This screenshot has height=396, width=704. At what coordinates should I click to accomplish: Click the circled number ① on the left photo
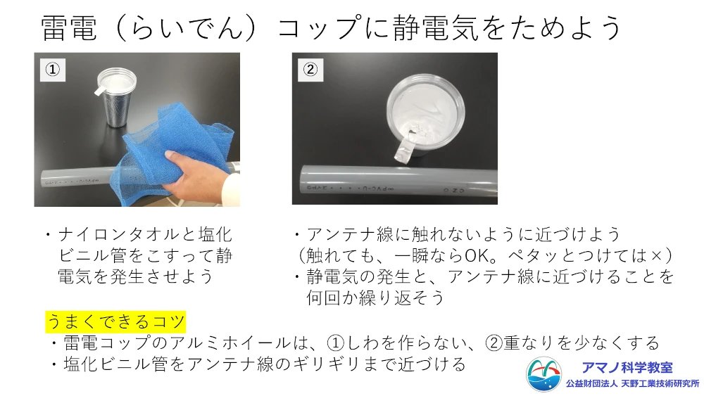click(x=53, y=70)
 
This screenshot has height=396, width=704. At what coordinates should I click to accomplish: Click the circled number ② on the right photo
click(x=310, y=70)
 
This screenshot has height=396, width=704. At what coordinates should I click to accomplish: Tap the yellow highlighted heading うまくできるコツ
click(x=115, y=321)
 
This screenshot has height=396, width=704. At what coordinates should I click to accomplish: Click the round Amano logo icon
click(x=543, y=374)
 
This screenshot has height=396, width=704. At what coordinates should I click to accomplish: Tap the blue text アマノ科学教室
click(x=627, y=368)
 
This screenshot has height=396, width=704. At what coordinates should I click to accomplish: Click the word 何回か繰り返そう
click(x=375, y=298)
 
